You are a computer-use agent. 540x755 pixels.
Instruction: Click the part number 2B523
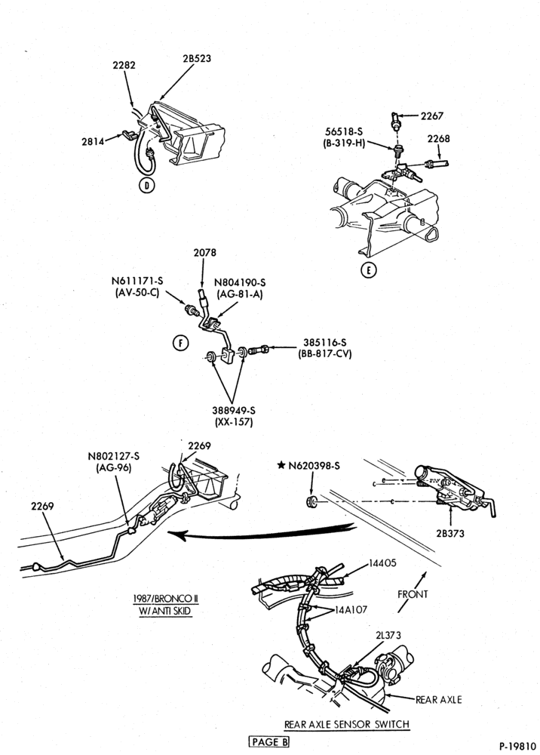(197, 58)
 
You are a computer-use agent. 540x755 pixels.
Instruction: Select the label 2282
(124, 65)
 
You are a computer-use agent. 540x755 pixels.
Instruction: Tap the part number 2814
(93, 141)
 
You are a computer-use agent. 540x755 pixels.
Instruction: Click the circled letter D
(147, 185)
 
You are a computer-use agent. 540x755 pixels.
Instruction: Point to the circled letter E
(369, 270)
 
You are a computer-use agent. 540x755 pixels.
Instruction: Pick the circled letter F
(181, 343)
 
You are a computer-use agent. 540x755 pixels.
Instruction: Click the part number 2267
(432, 116)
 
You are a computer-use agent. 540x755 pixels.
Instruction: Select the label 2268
(438, 139)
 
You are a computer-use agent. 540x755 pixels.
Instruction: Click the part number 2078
(205, 252)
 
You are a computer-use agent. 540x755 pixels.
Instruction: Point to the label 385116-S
(324, 342)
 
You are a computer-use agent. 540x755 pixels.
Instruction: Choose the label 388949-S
(234, 411)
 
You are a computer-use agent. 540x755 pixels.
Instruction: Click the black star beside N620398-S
(281, 465)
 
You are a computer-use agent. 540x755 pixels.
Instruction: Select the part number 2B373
(450, 533)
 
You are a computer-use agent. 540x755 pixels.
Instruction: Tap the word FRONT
(413, 594)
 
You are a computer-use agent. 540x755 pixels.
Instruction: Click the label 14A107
(351, 609)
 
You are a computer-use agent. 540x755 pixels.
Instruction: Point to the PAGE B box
(269, 741)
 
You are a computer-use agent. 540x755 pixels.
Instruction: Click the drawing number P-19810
(517, 747)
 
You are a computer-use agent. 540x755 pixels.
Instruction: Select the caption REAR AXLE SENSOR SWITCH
(347, 724)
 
